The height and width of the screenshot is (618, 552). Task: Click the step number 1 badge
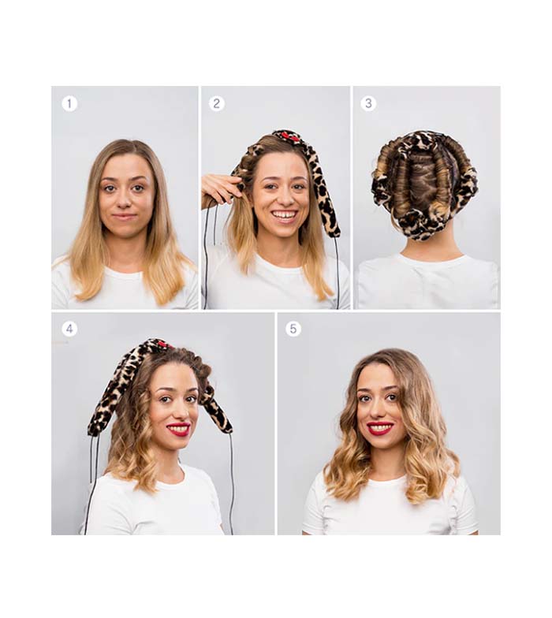pos(69,104)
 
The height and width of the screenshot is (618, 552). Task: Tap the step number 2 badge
pos(216,104)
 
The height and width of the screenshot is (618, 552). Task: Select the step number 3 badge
pos(368,103)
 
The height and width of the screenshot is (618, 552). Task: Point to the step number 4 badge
pos(69,329)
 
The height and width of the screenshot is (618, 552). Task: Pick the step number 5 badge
pos(293,329)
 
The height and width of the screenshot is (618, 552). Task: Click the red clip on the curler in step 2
pos(287,137)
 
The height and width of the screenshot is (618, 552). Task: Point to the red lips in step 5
pos(380,427)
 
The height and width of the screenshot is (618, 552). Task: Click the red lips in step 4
pos(178,429)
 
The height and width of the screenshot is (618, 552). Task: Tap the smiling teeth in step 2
pos(285,215)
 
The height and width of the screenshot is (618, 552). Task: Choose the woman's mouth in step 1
pos(125,216)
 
